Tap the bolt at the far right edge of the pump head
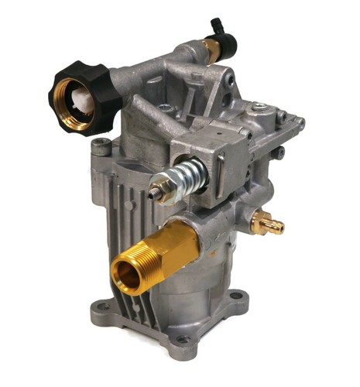tap(300, 123)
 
